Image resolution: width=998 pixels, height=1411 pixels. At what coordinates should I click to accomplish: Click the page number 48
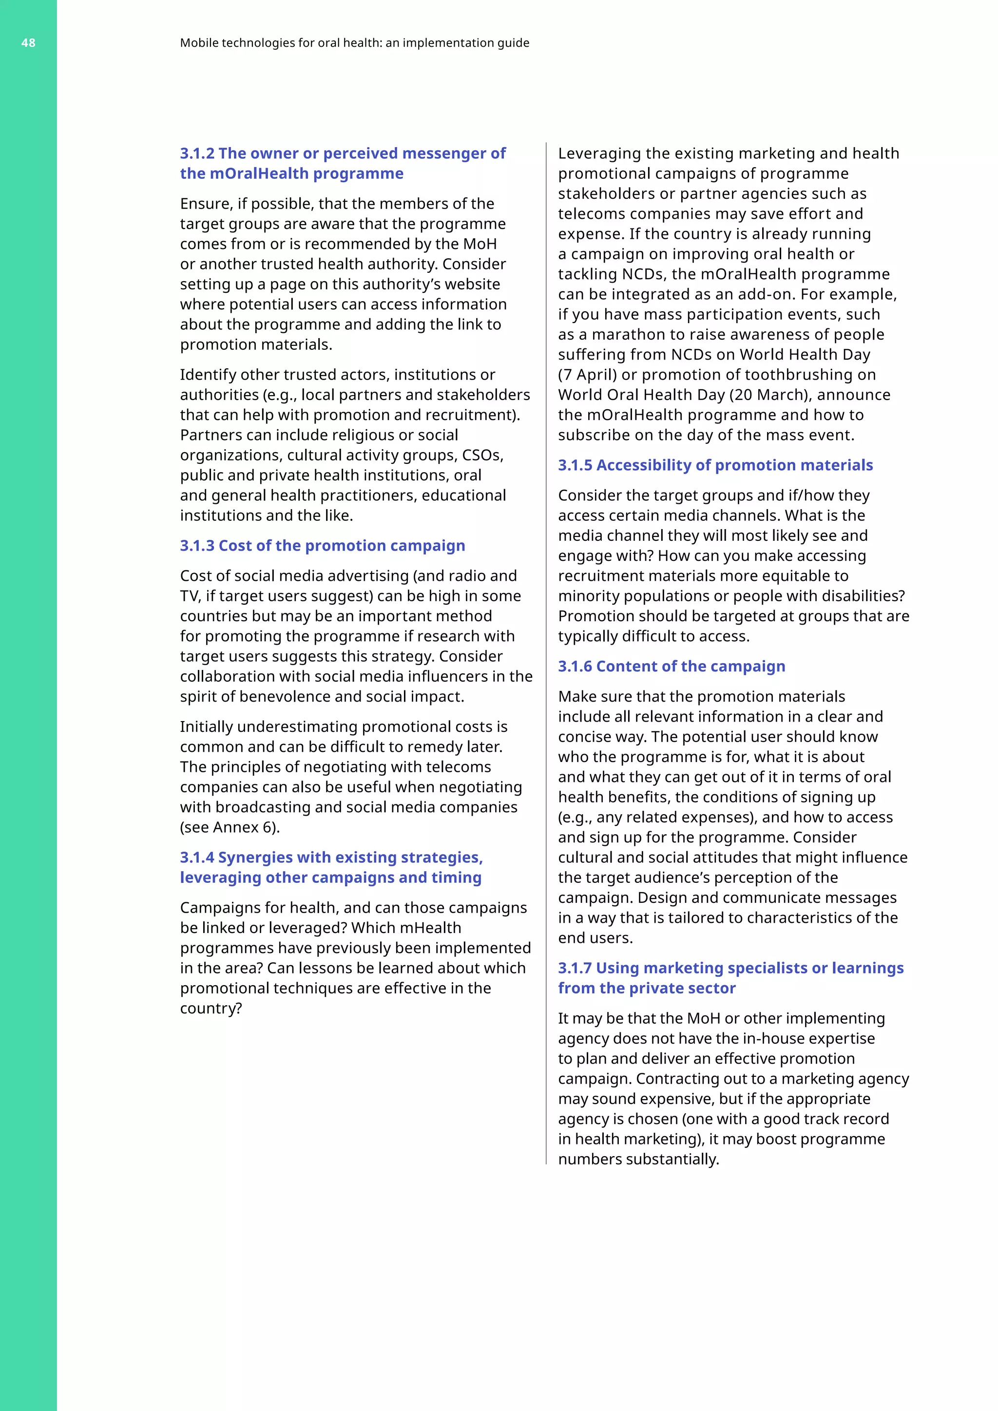pyautogui.click(x=28, y=43)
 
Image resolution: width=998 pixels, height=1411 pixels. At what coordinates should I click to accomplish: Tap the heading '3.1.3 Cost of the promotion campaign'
pyautogui.click(x=322, y=546)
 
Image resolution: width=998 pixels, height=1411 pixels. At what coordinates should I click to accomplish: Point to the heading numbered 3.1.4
pyautogui.click(x=331, y=867)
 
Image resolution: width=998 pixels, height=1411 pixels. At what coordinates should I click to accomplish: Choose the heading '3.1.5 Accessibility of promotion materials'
pyautogui.click(x=715, y=465)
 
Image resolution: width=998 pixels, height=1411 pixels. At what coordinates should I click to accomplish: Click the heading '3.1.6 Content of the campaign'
pyautogui.click(x=671, y=666)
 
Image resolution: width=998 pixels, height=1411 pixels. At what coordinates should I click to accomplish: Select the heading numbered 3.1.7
pyautogui.click(x=730, y=978)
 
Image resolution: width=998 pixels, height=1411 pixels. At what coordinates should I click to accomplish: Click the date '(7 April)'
pyautogui.click(x=587, y=375)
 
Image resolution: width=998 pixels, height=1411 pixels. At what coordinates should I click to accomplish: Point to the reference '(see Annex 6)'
pyautogui.click(x=230, y=827)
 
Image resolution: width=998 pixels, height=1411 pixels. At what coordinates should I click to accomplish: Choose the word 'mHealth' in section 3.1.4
pyautogui.click(x=430, y=928)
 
